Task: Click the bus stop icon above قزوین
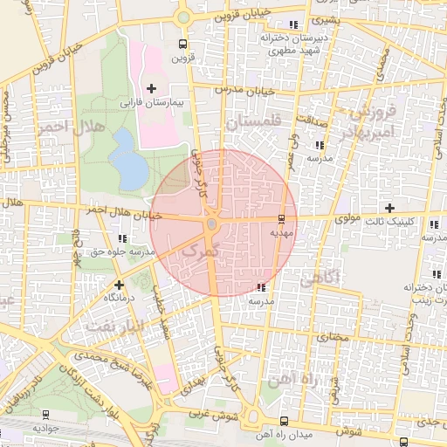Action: (x=182, y=45)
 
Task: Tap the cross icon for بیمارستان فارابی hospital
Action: (x=152, y=88)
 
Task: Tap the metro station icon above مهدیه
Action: (x=281, y=218)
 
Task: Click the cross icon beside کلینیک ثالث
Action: (x=389, y=207)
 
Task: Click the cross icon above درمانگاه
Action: (x=119, y=285)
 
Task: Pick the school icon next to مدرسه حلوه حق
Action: (x=121, y=237)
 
